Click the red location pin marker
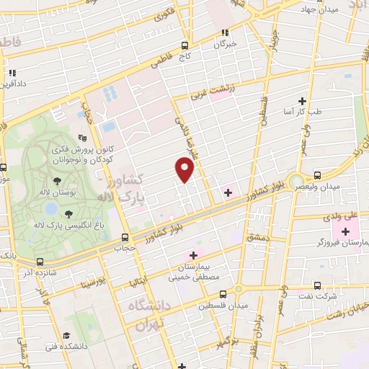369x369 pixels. (x=185, y=170)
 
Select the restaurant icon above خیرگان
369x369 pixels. (x=225, y=32)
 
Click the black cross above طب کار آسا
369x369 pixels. (x=302, y=101)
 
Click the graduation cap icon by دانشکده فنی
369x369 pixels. (x=66, y=336)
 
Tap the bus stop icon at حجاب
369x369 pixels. (x=125, y=237)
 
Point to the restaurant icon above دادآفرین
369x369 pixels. (x=12, y=73)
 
